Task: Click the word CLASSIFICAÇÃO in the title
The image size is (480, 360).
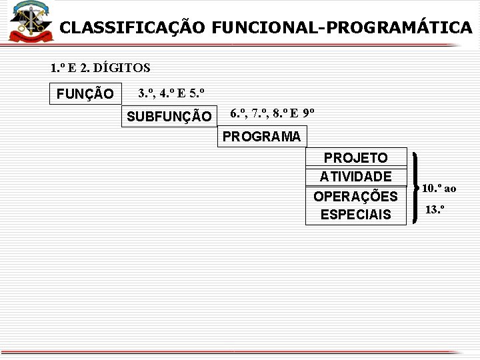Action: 132,27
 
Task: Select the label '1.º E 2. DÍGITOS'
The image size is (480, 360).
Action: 100,67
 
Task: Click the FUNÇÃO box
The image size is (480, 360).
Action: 85,93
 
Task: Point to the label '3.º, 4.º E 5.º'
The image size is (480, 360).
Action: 171,92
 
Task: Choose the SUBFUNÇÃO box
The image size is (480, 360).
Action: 169,117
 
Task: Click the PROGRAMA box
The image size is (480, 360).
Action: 262,137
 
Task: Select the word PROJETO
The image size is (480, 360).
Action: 355,157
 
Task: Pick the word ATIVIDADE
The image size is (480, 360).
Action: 355,177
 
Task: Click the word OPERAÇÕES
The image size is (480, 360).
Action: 355,197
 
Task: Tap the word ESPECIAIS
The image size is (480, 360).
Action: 355,215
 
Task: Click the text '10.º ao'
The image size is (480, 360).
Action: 439,188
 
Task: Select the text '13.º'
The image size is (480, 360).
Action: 435,209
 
